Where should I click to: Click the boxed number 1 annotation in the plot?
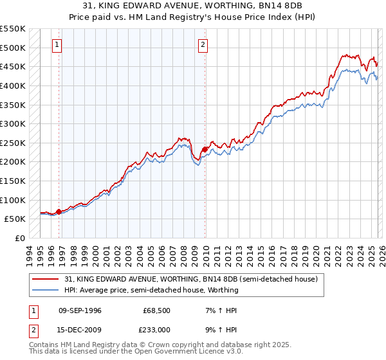[58, 45]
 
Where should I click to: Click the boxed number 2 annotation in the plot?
[203, 45]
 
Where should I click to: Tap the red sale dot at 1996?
[59, 212]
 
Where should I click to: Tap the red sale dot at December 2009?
[205, 149]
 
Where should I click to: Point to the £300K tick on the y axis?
[14, 123]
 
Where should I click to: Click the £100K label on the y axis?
[14, 200]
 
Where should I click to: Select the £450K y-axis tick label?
[14, 66]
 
